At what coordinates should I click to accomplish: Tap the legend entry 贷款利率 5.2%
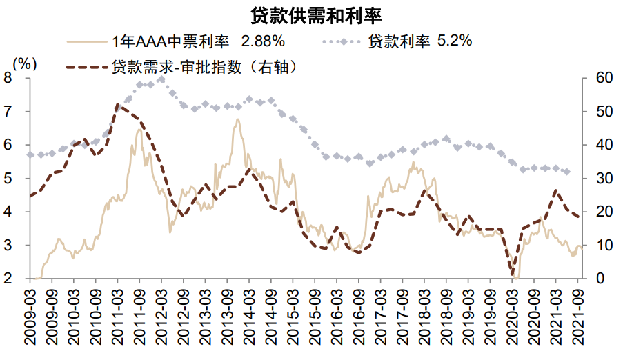(420, 41)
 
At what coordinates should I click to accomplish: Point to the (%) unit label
(24, 64)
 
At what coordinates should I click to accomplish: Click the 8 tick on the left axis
(16, 78)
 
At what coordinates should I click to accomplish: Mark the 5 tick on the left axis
(16, 179)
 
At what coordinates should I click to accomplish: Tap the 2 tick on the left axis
(16, 279)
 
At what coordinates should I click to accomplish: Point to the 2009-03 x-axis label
(30, 318)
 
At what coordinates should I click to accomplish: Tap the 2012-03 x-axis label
(161, 318)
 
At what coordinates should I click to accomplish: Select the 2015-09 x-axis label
(315, 318)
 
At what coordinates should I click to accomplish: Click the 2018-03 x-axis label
(424, 318)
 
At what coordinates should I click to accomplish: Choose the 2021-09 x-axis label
(577, 318)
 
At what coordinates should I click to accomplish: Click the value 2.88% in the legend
(260, 41)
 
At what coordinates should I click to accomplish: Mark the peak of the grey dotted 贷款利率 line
(161, 79)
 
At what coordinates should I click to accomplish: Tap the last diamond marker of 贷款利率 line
(567, 172)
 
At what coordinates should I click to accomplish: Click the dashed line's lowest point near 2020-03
(513, 274)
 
